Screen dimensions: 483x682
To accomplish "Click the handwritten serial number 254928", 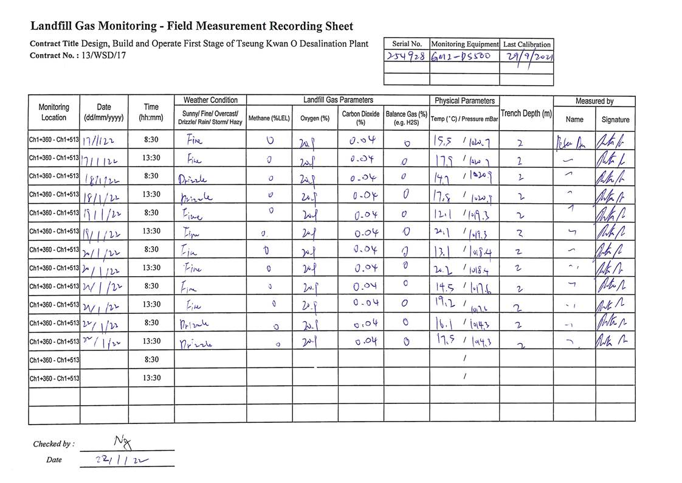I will click(407, 56).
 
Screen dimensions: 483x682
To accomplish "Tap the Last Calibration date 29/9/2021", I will click(526, 56).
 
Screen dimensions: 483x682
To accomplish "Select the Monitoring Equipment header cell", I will click(464, 44).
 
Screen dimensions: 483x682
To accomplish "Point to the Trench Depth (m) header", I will click(526, 114).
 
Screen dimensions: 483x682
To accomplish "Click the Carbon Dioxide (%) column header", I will click(360, 117).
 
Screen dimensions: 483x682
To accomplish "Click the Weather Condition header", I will click(210, 100).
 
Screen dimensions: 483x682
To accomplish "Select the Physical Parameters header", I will click(465, 100).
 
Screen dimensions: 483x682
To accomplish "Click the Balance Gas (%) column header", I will click(406, 117).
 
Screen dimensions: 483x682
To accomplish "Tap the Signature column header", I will click(615, 119).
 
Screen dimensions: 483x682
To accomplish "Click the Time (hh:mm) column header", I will click(151, 112).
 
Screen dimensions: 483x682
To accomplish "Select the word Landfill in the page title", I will click(53, 26).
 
